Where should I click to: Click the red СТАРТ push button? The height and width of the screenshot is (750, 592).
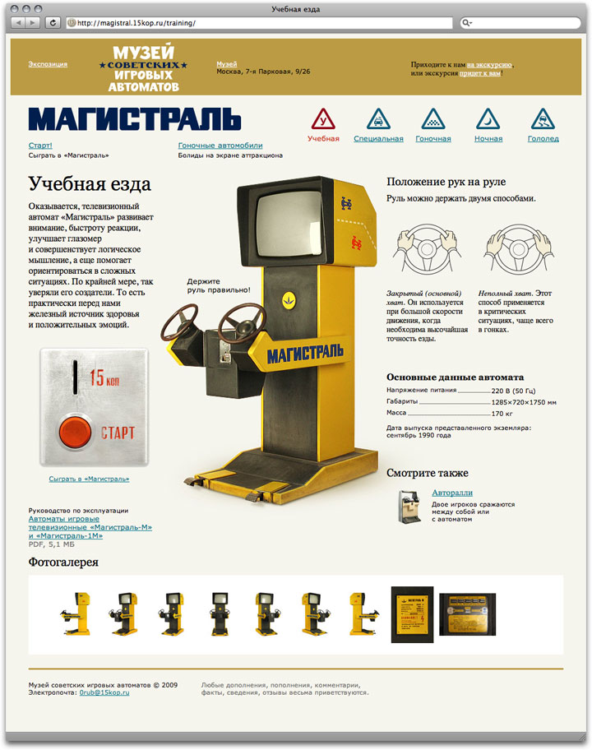[75, 432]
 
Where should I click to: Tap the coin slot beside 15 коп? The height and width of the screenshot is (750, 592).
[75, 377]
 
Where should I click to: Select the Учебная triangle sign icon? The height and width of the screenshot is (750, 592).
[323, 119]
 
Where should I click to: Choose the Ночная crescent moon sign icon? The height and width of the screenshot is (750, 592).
[488, 119]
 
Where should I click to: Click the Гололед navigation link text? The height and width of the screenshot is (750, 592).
[543, 139]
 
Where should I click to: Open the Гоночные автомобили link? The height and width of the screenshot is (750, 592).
[220, 146]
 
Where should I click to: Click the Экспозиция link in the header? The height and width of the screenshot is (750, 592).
[48, 64]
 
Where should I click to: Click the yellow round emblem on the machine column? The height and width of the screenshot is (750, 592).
[289, 300]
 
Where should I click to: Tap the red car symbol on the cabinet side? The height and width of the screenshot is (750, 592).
[356, 243]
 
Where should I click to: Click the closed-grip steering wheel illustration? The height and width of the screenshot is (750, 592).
[427, 249]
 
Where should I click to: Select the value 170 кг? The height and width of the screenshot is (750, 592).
[503, 414]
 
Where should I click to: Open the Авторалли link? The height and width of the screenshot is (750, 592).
[452, 493]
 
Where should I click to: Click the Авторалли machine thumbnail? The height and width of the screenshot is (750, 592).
[410, 506]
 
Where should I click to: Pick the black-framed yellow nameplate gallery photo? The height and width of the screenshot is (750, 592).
[412, 614]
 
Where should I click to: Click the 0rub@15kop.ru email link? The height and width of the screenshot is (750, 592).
[104, 692]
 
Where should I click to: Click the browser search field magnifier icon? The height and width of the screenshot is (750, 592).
[466, 22]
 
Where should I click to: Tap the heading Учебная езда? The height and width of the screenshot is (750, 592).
[90, 184]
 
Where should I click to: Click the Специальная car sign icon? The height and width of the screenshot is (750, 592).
[378, 119]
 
